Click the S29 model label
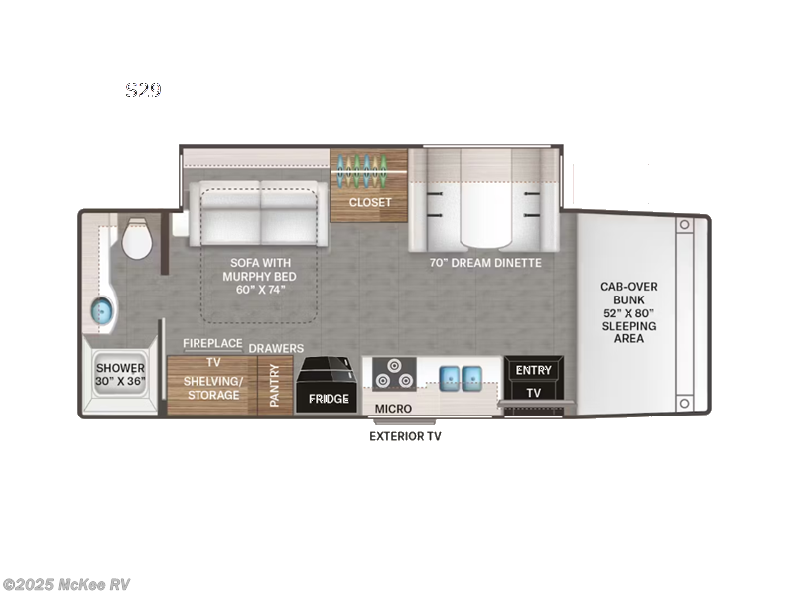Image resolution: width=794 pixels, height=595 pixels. pos(143,90)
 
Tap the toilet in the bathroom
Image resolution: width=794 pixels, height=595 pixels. pos(135,240)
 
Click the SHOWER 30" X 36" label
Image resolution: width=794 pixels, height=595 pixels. pos(120,375)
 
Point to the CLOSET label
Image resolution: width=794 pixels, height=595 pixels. pos(369,202)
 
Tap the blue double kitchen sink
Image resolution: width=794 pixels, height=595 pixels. pos(460,375)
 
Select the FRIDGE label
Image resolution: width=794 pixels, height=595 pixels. pos(329,399)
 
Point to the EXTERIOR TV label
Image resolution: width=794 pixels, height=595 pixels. pos(405,435)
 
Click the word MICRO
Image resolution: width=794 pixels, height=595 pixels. pos(393,409)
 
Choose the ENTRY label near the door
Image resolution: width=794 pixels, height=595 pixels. pos(533,370)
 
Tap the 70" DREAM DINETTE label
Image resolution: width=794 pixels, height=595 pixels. pos(484,263)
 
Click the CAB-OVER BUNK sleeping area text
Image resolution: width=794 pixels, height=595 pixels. pos(628,312)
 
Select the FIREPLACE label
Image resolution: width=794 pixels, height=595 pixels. pos(212,343)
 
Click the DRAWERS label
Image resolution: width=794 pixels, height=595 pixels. pos(275,348)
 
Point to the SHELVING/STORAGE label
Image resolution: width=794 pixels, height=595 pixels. pos(212,388)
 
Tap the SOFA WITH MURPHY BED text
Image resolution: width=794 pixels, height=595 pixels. pos(261,276)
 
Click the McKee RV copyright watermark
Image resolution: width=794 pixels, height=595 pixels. pos(66,584)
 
